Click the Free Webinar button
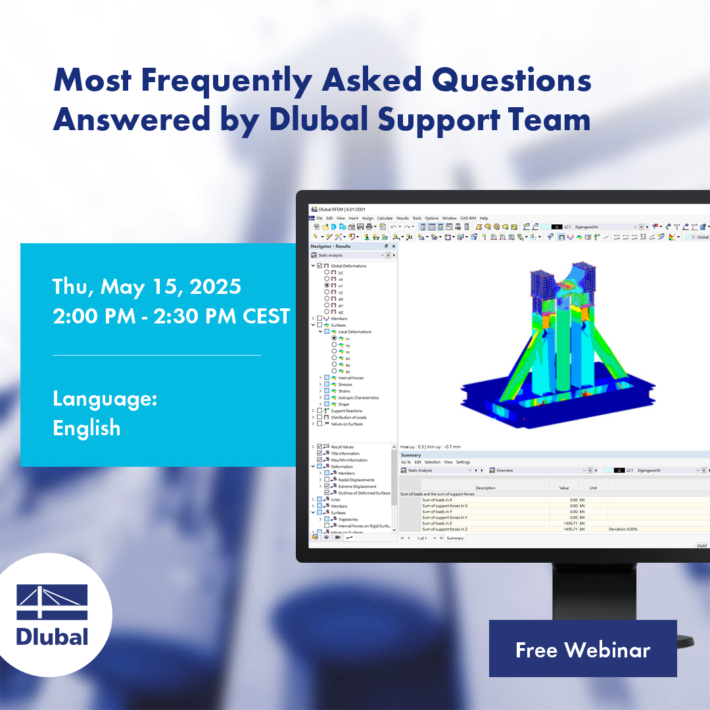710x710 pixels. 582,649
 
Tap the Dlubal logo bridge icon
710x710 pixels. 52,602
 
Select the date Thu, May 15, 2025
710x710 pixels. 147,287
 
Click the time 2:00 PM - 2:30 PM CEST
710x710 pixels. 172,316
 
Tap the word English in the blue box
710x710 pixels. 87,428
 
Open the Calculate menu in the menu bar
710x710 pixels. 385,218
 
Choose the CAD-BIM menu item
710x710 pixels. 467,218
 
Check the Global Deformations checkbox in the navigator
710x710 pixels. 319,266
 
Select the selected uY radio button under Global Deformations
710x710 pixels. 327,285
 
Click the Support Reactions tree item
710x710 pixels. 346,411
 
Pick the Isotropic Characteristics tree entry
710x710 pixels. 358,398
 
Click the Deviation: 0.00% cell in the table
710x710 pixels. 623,529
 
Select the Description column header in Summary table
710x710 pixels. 485,488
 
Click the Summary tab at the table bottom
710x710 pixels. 455,538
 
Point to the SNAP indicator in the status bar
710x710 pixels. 701,546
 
